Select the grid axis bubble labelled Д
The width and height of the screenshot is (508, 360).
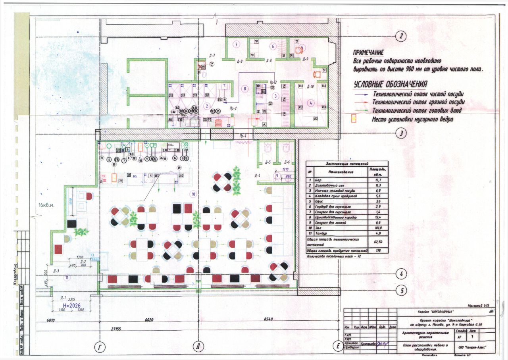coord(197,347)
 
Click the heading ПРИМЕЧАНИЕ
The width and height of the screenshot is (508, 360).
coord(369,52)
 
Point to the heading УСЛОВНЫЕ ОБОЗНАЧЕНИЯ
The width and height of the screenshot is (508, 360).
coord(390,84)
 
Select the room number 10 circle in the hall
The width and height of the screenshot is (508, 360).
coord(193,194)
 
